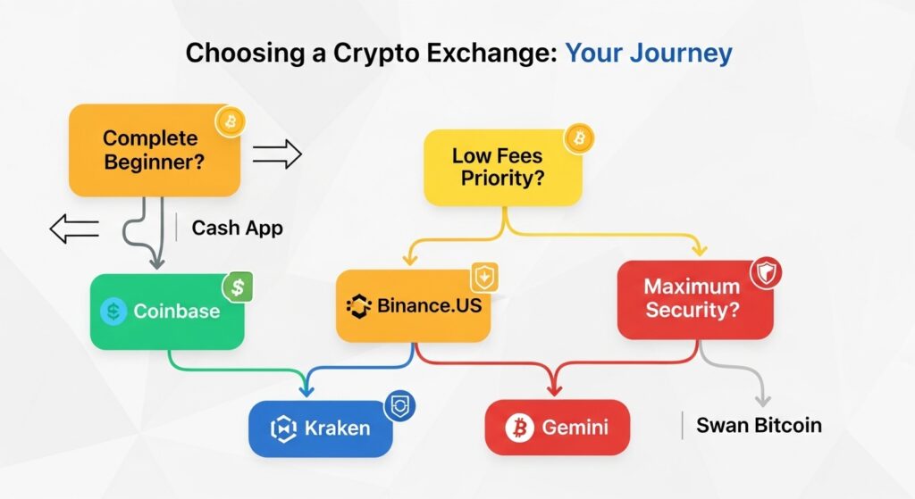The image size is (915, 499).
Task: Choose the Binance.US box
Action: tap(413, 306)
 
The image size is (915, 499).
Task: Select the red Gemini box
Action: tap(557, 428)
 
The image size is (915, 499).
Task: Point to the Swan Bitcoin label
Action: tap(757, 425)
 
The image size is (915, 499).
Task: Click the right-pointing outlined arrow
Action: tap(277, 154)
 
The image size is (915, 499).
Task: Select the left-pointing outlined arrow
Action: tap(73, 229)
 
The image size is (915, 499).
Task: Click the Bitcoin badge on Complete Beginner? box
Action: tap(230, 121)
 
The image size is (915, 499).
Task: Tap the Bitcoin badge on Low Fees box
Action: tap(579, 138)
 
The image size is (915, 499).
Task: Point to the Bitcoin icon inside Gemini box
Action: tap(518, 428)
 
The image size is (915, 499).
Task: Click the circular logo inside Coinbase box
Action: tap(114, 312)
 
